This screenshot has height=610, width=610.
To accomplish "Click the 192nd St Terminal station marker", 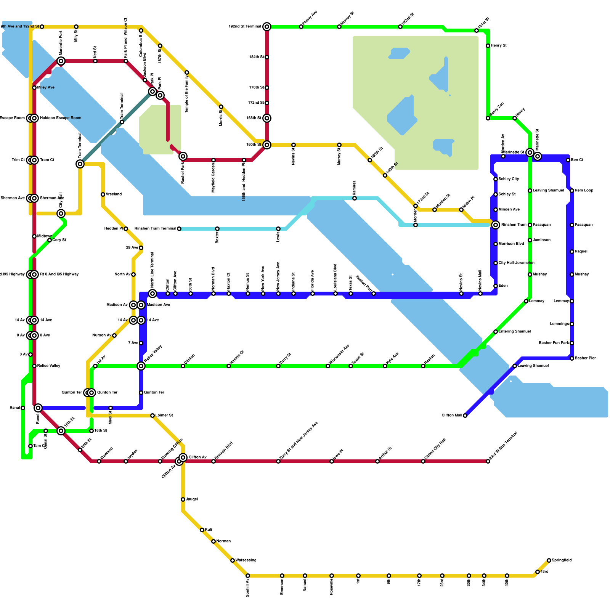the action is (x=267, y=27).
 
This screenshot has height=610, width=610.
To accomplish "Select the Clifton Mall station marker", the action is (x=465, y=416).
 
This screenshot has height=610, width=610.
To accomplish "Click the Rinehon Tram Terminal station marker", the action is (x=179, y=229).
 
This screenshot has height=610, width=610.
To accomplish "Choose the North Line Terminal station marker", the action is (x=152, y=294).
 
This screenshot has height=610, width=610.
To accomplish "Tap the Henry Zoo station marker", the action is (x=488, y=118).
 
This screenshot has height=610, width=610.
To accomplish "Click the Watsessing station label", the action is (x=246, y=560).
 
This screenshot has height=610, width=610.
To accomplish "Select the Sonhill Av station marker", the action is (x=248, y=576).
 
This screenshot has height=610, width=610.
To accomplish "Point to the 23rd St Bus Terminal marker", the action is (x=488, y=461).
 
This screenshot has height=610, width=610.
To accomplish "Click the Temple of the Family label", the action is (x=187, y=94).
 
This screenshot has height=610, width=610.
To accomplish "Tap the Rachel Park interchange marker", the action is (x=183, y=156).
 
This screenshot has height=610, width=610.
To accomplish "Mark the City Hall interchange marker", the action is (x=61, y=213).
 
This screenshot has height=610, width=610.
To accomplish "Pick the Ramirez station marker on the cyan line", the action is (x=355, y=198).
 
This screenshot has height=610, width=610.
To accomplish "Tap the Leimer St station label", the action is (x=164, y=416).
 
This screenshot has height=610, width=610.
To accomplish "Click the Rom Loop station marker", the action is (x=572, y=191).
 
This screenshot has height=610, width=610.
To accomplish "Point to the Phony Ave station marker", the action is (x=301, y=27).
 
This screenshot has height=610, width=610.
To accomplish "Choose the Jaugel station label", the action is (x=192, y=499).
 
